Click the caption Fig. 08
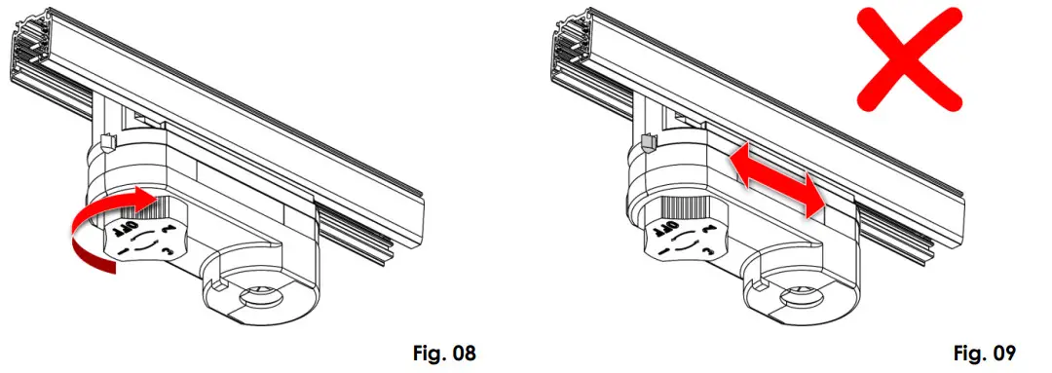[443, 353]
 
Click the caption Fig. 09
[984, 353]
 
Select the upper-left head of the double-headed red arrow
[740, 163]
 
